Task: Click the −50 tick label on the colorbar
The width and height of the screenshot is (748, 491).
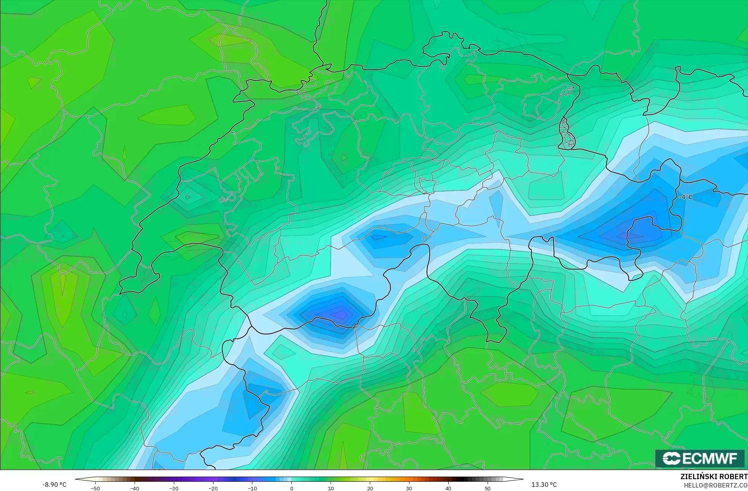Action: coord(95,488)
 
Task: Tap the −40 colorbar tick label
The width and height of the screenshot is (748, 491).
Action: coord(134,488)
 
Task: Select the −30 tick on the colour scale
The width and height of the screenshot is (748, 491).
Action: coord(173,488)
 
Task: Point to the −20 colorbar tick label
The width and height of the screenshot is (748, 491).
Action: coord(213,488)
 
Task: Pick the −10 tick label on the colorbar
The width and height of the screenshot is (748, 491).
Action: coord(252,488)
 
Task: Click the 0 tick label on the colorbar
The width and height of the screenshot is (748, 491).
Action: coord(292,488)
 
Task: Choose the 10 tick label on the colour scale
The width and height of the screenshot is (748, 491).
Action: coord(331,488)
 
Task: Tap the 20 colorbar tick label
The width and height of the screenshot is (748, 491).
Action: coord(370,488)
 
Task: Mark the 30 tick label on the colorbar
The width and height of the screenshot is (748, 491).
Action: coord(409,488)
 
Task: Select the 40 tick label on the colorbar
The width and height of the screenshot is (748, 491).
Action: coord(448,488)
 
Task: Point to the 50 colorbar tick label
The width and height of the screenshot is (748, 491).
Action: coord(488,488)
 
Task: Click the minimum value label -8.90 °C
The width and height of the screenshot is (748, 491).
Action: coord(54,485)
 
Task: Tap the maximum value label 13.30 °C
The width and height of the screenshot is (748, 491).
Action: coord(544,485)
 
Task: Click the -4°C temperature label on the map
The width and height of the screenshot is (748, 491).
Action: coord(685,197)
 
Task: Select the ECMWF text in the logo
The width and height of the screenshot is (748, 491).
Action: coord(710,459)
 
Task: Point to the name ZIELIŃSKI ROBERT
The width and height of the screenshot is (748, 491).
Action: coord(714,477)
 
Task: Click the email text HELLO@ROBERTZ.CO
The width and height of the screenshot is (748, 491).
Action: coord(715,485)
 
